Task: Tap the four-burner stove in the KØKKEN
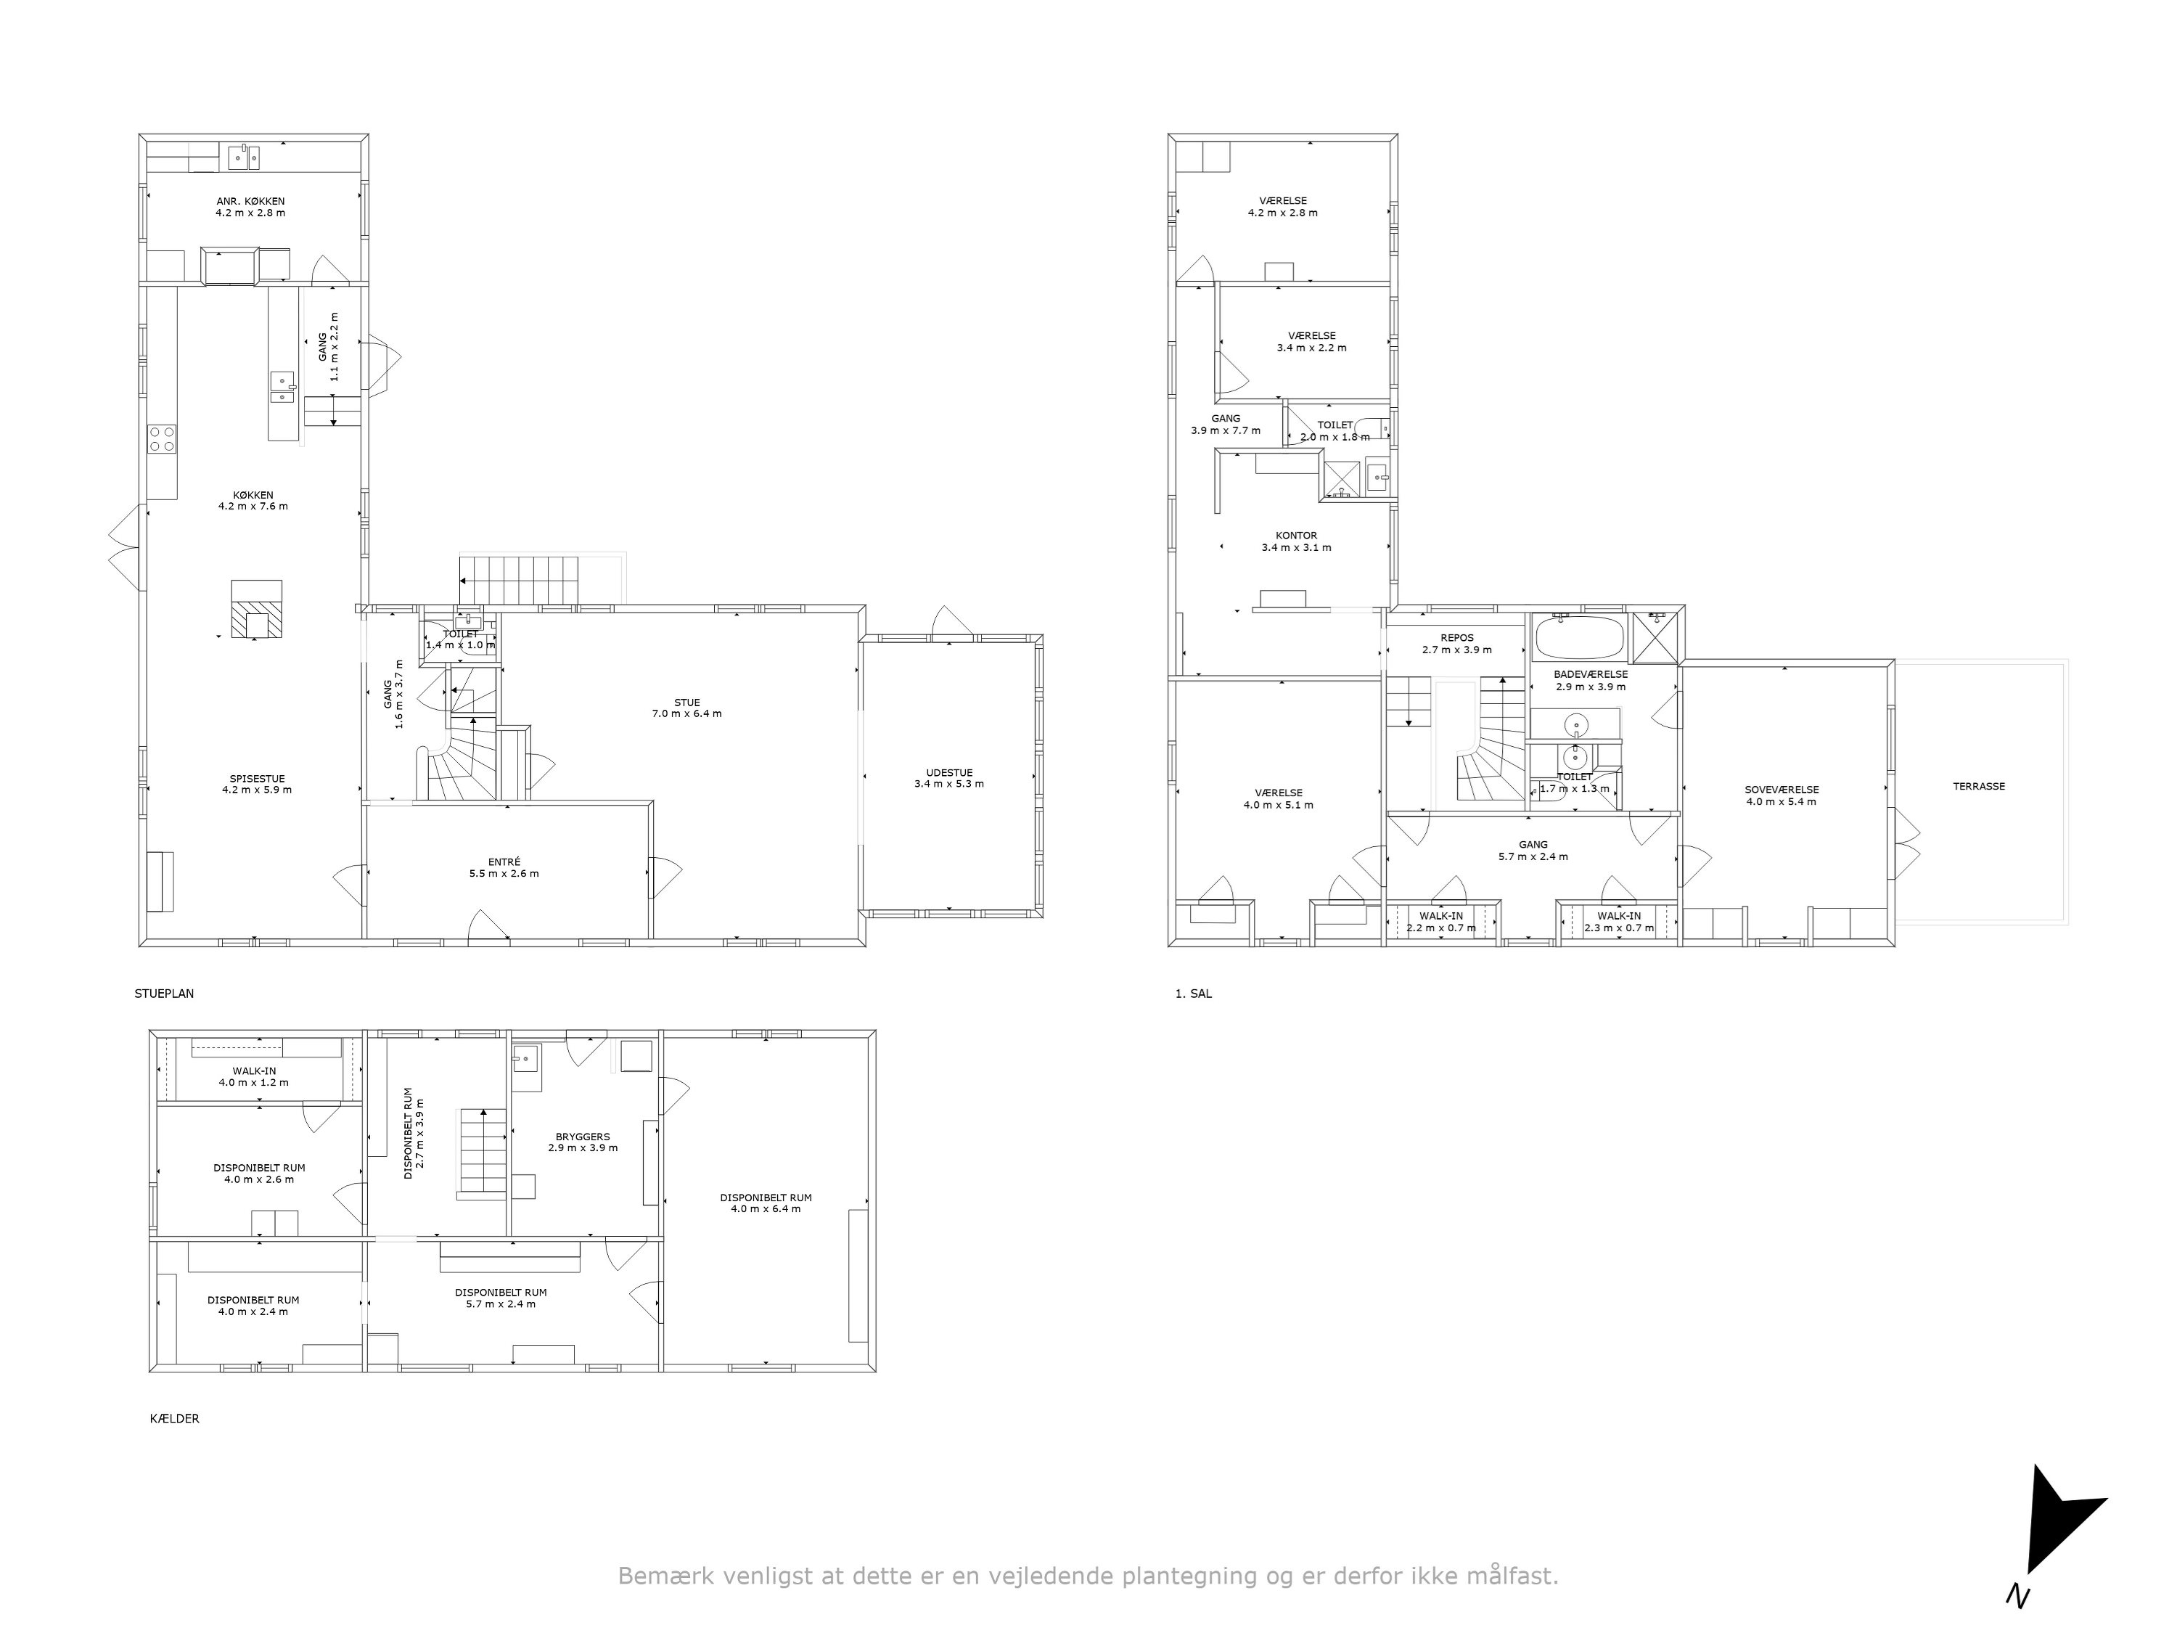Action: [x=163, y=438]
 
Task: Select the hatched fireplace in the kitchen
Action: [x=256, y=610]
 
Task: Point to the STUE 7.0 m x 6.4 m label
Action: [x=687, y=708]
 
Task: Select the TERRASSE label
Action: [x=1979, y=787]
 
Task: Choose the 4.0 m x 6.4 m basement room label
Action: [x=766, y=1208]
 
